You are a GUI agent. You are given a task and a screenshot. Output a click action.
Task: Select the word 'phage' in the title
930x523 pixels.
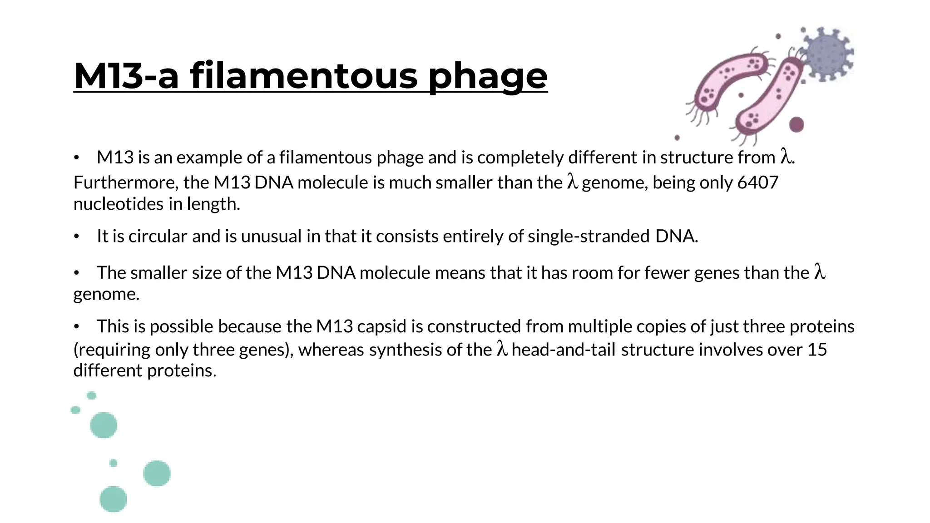click(x=488, y=76)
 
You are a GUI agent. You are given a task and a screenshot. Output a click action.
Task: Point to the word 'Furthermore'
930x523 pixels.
click(x=125, y=183)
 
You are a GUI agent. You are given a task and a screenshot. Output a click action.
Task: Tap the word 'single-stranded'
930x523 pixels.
click(x=589, y=236)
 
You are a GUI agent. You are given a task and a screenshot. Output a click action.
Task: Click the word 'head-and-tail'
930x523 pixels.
click(x=564, y=350)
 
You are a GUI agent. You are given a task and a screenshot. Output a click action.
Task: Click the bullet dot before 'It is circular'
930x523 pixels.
click(x=77, y=237)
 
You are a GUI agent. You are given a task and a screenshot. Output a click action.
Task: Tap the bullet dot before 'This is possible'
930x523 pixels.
click(x=77, y=327)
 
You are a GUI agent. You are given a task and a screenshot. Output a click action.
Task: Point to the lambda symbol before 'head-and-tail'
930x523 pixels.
click(x=501, y=349)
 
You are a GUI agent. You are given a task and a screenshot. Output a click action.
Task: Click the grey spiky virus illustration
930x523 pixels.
click(x=828, y=54)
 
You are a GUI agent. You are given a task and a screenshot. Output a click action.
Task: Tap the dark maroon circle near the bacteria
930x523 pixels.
click(x=796, y=124)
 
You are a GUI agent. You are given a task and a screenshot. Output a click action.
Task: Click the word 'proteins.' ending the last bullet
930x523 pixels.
click(x=182, y=370)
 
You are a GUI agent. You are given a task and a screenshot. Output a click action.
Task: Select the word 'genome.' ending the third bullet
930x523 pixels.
click(x=106, y=294)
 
